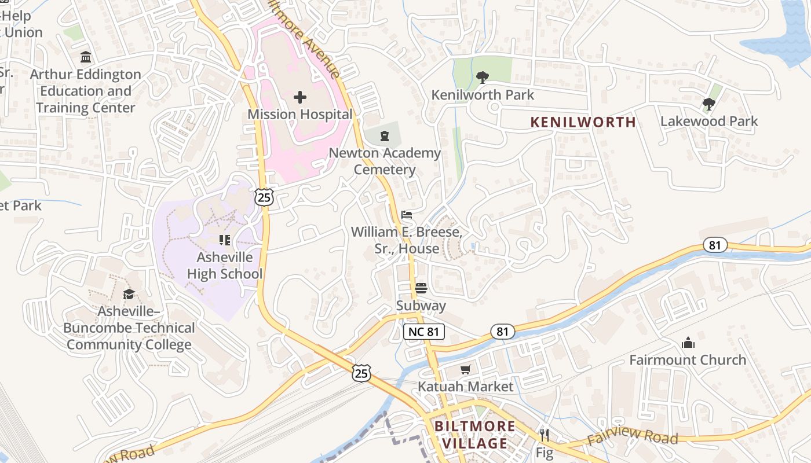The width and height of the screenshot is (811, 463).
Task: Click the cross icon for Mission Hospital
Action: point(300,97)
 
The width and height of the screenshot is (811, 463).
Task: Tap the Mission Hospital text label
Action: point(300,115)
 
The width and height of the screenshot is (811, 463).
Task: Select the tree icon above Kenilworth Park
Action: point(482,78)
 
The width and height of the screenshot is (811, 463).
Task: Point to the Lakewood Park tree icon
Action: point(708,104)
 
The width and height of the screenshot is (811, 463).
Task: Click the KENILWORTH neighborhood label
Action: point(583,122)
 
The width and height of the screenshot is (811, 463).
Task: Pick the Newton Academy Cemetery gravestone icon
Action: point(384,137)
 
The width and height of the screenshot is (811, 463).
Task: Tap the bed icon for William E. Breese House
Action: point(407,215)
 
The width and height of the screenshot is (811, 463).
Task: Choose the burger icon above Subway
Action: point(421,288)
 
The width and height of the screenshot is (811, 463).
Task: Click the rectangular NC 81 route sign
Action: point(424,332)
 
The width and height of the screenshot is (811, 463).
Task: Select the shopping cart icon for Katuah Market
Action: point(466,369)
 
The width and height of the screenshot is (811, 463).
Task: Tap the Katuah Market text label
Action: point(466,387)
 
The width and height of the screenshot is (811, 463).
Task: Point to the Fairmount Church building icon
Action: point(688,343)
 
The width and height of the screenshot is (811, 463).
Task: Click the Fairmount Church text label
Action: point(688,360)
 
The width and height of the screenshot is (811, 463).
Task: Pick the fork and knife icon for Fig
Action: point(544,435)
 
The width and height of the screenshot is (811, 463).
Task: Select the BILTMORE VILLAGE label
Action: point(474,435)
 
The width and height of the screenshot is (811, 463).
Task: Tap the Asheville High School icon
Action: point(225,240)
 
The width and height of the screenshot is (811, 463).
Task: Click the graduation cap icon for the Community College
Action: point(129,294)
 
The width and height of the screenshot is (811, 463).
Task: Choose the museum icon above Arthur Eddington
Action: point(86,57)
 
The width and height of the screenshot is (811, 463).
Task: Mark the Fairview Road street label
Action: point(632,436)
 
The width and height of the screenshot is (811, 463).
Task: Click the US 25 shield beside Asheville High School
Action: point(264,197)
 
